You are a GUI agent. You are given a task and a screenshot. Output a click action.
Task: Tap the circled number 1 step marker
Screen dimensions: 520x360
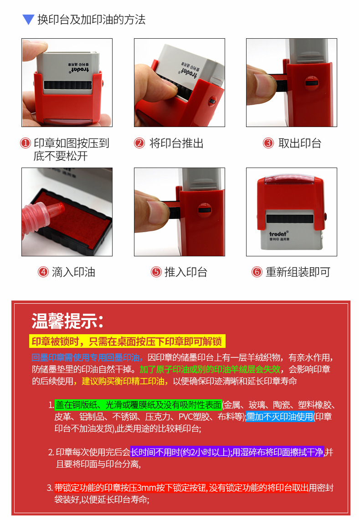(26, 143)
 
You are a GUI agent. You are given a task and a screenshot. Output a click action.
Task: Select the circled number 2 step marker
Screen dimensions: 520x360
(139, 143)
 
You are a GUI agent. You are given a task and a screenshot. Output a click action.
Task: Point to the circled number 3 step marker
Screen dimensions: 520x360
(268, 143)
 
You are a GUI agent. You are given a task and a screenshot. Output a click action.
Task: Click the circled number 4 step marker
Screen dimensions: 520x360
(43, 272)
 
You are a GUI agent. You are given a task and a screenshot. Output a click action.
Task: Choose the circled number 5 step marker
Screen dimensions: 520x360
(156, 272)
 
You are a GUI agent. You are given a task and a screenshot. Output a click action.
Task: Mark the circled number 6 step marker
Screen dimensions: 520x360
(257, 272)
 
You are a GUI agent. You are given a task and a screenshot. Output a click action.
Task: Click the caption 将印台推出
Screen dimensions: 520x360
(176, 143)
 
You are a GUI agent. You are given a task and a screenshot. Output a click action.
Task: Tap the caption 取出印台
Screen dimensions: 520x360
(300, 143)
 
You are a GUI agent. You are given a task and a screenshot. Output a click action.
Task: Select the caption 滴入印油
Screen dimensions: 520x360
(73, 272)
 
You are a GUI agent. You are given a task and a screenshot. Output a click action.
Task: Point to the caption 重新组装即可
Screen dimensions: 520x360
(298, 272)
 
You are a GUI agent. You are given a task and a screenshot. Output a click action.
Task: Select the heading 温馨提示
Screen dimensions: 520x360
(67, 321)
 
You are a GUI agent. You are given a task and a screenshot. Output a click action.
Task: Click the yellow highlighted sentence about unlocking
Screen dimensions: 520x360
(127, 342)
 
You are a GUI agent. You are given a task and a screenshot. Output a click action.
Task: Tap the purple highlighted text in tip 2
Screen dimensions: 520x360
(227, 452)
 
